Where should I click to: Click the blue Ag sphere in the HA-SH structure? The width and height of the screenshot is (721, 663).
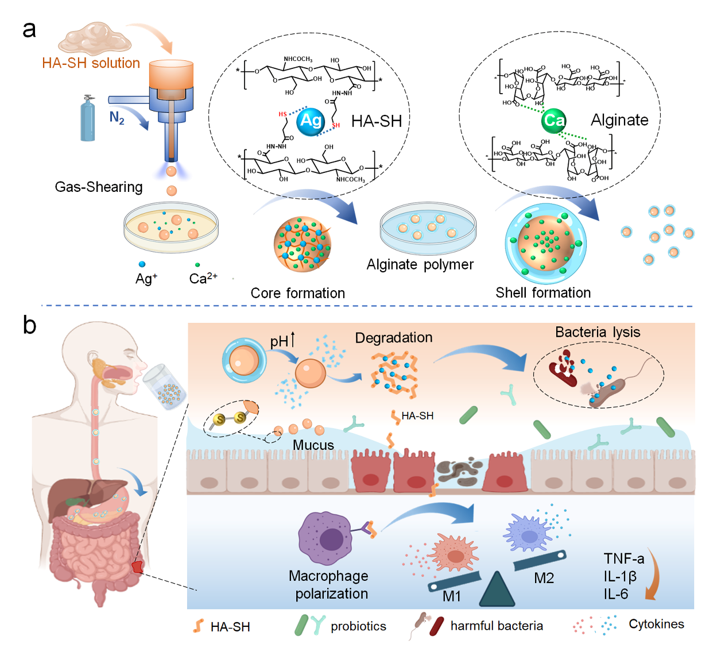(311, 121)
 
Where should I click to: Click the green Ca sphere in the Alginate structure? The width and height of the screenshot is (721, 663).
(554, 120)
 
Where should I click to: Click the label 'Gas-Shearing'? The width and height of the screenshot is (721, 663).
(99, 187)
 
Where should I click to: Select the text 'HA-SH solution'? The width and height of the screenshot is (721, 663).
(91, 63)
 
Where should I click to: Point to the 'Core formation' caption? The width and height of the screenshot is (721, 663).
(297, 293)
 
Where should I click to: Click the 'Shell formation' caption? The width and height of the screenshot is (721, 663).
(543, 292)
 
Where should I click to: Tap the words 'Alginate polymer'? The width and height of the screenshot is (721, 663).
(420, 265)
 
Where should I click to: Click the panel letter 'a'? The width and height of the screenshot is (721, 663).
(29, 29)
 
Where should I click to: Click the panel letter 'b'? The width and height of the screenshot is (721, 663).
(29, 325)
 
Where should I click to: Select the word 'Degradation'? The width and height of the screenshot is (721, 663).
(394, 338)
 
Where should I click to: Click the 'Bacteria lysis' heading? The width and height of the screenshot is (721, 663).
(598, 332)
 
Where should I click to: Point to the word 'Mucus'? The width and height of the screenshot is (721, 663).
(313, 445)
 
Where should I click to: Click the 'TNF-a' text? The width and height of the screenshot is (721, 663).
(624, 558)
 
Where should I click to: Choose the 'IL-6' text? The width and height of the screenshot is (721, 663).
(615, 594)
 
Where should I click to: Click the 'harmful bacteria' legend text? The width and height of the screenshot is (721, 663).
(497, 626)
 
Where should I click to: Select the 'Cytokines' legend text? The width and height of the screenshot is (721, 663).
(656, 624)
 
